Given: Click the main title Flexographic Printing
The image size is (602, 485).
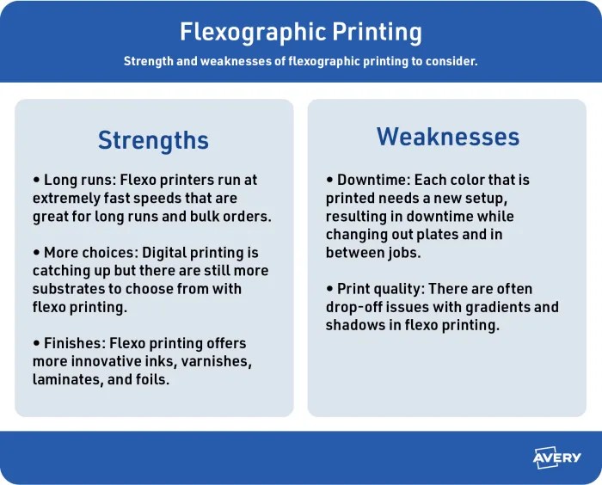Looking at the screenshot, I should point(301,33).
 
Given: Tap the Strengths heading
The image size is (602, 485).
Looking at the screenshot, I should point(153,140).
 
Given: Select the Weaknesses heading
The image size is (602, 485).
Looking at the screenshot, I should point(447,137).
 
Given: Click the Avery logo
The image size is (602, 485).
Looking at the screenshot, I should point(557,458).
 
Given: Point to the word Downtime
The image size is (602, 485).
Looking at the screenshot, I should point(372,181).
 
